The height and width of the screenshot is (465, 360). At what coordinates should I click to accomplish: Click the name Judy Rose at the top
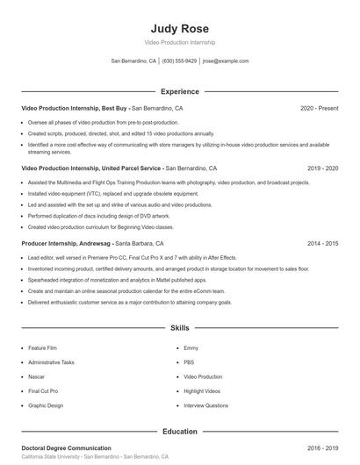coord(180,28)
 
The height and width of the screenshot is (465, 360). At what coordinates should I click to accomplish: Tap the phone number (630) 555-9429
coord(179,61)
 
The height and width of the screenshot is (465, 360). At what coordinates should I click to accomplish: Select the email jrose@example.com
coord(226,61)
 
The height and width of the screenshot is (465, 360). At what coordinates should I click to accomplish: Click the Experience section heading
coord(180,91)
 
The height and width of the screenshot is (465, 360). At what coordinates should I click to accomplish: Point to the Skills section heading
coord(180,328)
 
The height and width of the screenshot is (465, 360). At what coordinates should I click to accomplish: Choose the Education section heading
coord(180,432)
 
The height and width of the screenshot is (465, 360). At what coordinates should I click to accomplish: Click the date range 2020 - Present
coord(319,109)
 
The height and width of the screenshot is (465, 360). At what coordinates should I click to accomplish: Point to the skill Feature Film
coord(42,348)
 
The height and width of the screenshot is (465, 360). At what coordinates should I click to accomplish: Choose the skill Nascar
coord(38,376)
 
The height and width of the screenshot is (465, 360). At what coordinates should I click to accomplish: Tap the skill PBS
coord(189,362)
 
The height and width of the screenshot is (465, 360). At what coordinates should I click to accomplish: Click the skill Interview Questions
coord(205,405)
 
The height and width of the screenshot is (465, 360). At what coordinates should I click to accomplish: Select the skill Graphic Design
coord(46,405)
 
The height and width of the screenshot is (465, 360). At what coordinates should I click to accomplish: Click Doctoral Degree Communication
coord(66,448)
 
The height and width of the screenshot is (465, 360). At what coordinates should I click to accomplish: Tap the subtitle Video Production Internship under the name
coord(180,42)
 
